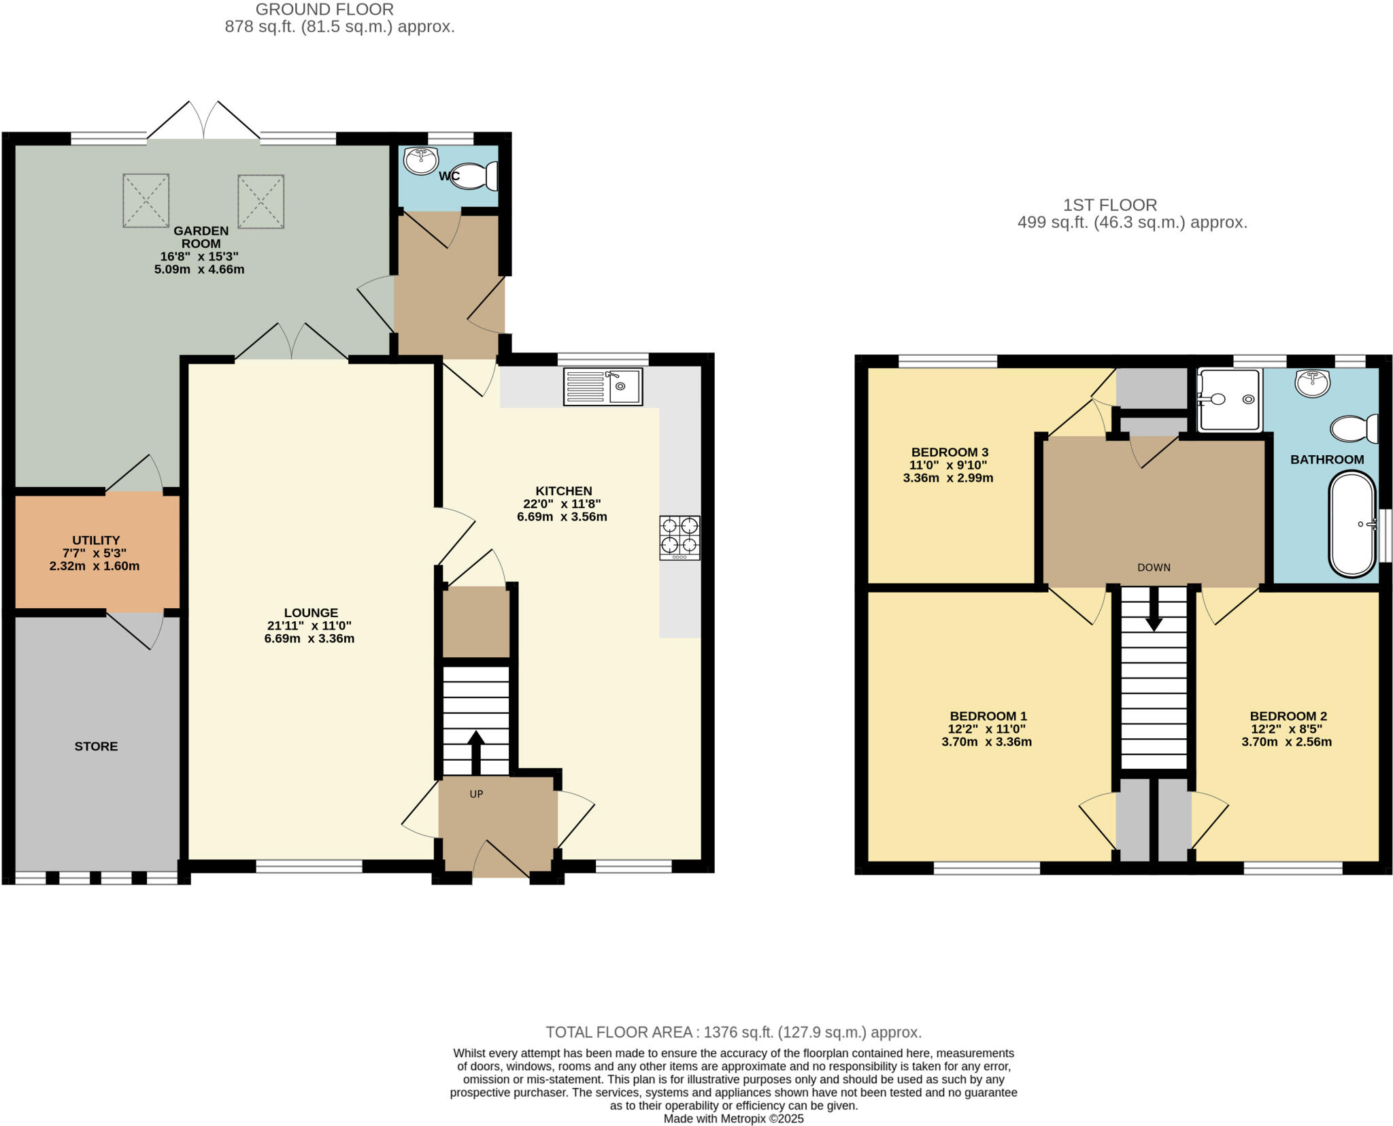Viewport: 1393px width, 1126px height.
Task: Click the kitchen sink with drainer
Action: coord(603,386)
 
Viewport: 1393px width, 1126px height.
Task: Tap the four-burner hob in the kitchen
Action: coord(679,537)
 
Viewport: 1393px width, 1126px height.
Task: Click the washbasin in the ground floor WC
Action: coord(421,161)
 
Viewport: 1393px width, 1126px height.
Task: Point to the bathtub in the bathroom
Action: coord(1352,525)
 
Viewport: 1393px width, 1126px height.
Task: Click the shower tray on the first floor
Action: coord(1229,400)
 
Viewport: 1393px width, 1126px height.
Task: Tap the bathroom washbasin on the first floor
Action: coord(1312,383)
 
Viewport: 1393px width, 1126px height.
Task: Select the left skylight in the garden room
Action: coord(146,200)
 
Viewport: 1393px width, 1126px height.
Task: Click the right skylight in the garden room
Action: coord(261,201)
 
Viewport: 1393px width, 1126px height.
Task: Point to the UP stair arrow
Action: coord(475,752)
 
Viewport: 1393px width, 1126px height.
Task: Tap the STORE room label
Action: coord(96,746)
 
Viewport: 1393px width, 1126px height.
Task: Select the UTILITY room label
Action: coord(96,540)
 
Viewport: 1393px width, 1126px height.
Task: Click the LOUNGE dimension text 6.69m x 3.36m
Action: coord(309,639)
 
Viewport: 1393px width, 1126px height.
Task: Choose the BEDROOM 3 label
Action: coord(950,452)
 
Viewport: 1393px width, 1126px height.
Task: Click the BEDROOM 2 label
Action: coord(1288,716)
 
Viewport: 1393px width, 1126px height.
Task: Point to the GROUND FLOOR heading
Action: coord(324,10)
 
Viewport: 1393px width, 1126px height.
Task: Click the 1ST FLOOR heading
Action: coord(1110,205)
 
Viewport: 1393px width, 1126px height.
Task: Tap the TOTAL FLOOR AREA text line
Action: coord(733,1032)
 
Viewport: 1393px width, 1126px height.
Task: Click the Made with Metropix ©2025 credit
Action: coord(733,1119)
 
